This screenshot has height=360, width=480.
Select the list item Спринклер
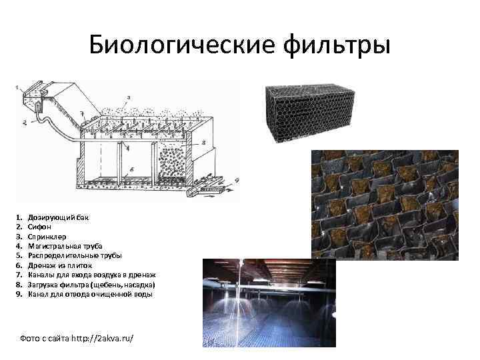(46, 236)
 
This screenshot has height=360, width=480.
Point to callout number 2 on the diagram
(23, 122)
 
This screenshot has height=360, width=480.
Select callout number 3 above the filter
(128, 98)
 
